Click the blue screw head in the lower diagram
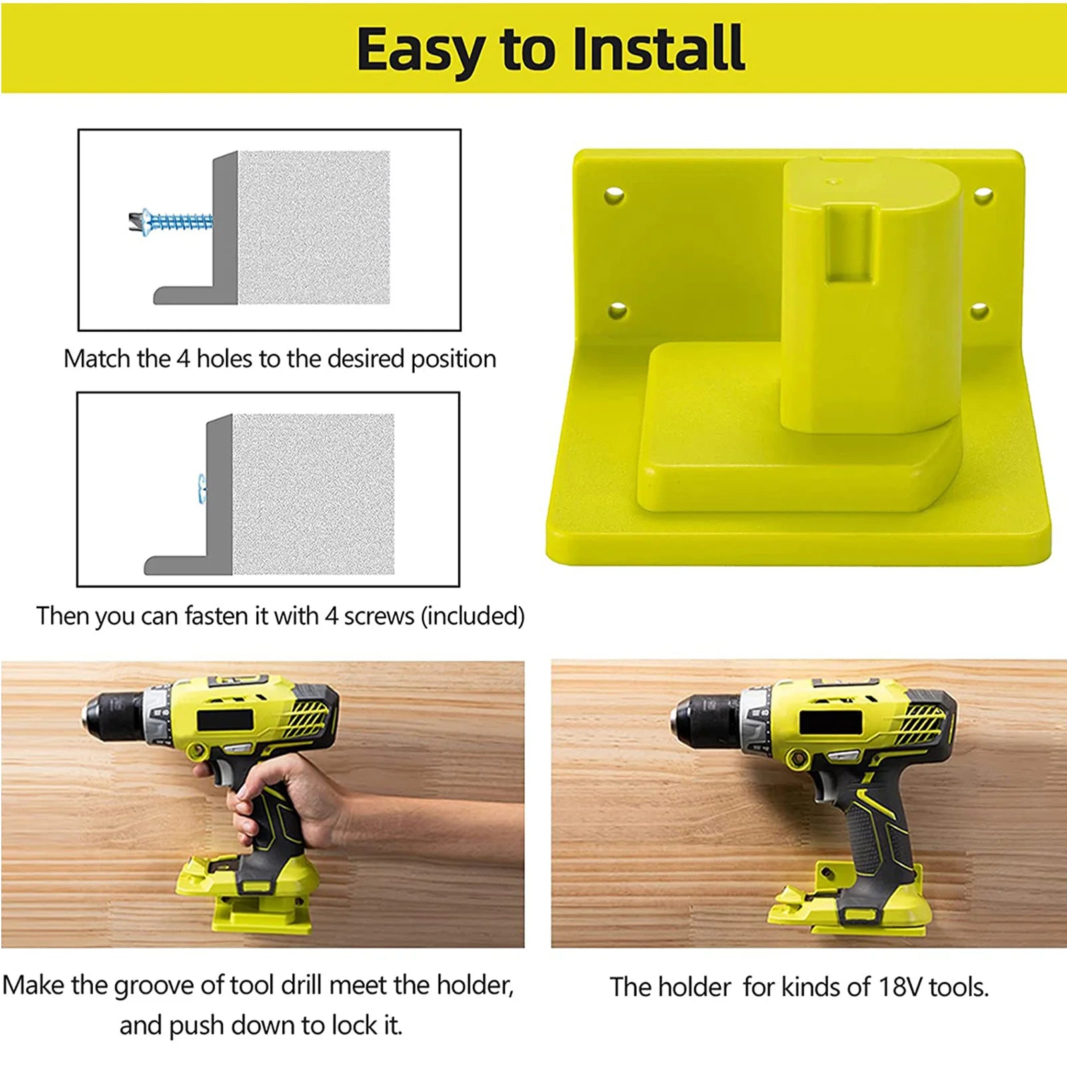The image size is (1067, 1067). [x=201, y=488]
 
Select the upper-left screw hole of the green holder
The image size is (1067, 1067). [x=614, y=195]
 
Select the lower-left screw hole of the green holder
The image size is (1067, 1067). [x=618, y=310]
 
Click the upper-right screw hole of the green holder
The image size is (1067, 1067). [x=983, y=196]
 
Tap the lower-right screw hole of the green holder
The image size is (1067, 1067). [x=979, y=310]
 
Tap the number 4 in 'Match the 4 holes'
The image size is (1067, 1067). [x=183, y=359]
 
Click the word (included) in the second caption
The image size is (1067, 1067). [x=473, y=616]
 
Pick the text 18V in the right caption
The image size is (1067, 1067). [x=900, y=987]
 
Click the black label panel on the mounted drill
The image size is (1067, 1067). [x=830, y=723]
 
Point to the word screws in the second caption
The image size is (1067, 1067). [x=379, y=616]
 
